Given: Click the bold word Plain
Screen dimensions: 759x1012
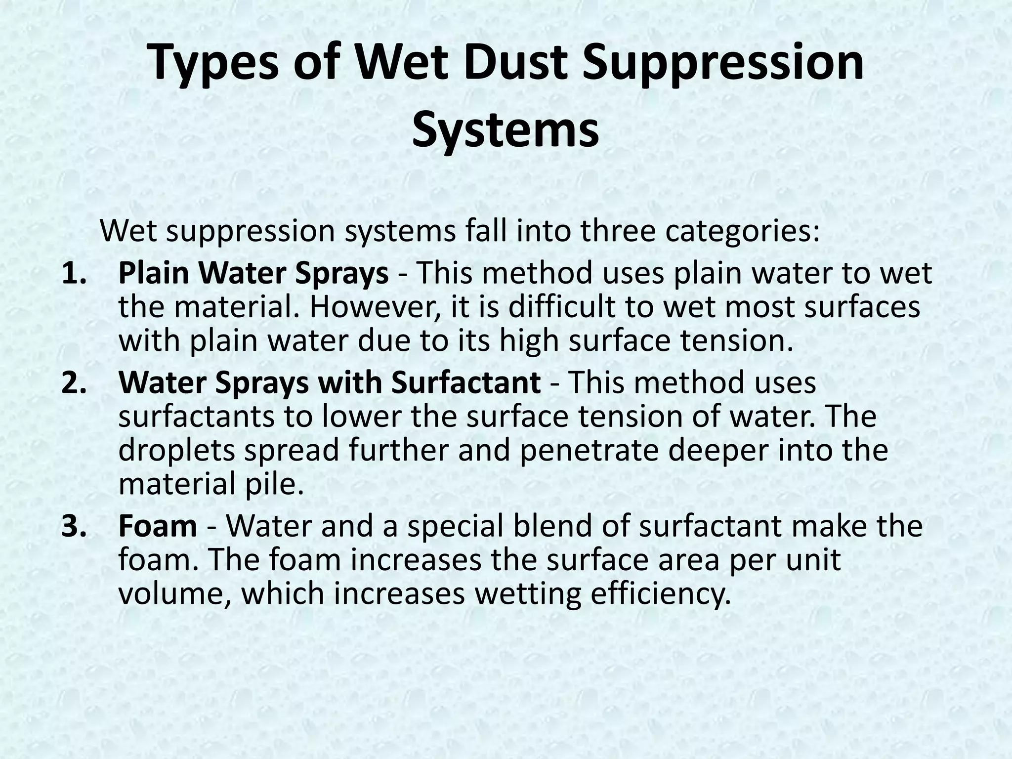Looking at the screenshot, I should tap(155, 273).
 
